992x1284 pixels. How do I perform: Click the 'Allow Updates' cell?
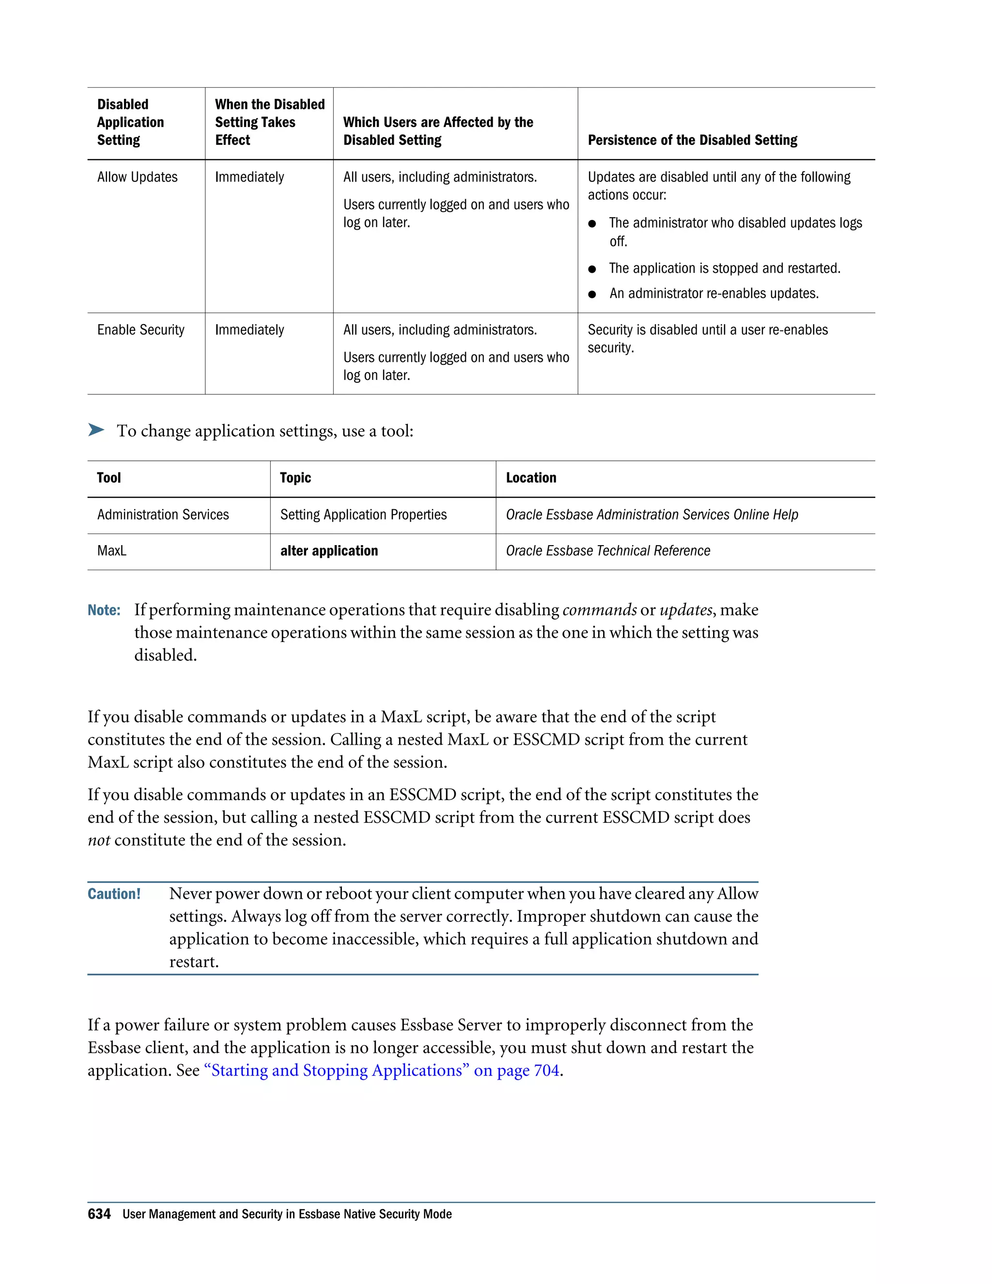(x=138, y=177)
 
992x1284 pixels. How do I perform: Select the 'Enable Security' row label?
(x=140, y=330)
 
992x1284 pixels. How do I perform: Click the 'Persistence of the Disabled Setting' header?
(x=692, y=140)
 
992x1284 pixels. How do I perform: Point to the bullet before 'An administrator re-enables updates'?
(x=592, y=294)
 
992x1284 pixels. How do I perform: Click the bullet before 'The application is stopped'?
(x=592, y=269)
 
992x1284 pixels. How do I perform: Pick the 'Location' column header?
(x=531, y=478)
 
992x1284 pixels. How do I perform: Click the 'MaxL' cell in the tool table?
(x=112, y=551)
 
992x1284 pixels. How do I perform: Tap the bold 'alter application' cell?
(x=329, y=551)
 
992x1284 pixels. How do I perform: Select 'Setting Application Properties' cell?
(x=363, y=515)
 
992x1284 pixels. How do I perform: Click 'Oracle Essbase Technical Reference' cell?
(x=608, y=551)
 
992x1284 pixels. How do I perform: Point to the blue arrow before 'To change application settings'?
(x=96, y=430)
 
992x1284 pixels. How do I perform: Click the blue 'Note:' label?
(x=104, y=610)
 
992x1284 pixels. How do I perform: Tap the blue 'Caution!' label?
(x=114, y=894)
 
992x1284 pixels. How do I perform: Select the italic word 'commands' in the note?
(x=600, y=610)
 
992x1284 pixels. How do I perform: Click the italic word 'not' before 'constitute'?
(x=99, y=840)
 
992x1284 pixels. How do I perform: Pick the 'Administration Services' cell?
(x=163, y=515)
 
